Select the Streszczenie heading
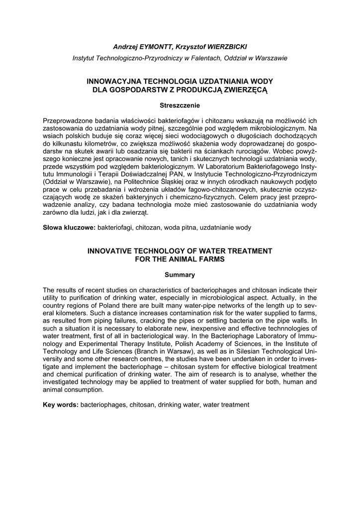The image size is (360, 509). [x=180, y=105]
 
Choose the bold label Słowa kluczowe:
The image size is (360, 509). [x=69, y=227]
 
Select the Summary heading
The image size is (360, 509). [x=180, y=275]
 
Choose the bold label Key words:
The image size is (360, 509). [x=61, y=405]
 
